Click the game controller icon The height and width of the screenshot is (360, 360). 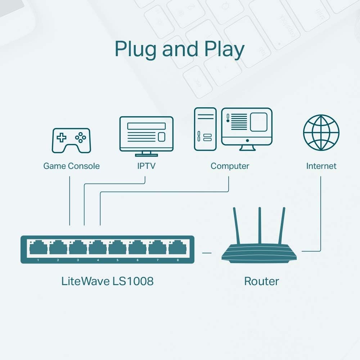(x=71, y=140)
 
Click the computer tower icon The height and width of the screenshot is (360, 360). (x=205, y=129)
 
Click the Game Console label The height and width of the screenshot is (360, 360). (x=71, y=166)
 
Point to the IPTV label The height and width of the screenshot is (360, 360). (x=146, y=166)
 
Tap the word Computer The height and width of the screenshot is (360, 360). (x=230, y=166)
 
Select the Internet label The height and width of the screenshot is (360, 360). (x=321, y=166)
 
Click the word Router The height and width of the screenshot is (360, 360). (x=261, y=281)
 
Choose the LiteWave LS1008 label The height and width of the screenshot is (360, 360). (x=107, y=281)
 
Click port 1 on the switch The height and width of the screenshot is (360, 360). (x=38, y=248)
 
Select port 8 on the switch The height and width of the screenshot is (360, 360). (x=177, y=248)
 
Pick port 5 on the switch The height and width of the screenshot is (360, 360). (x=117, y=248)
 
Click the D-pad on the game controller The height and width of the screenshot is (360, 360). (x=63, y=137)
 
